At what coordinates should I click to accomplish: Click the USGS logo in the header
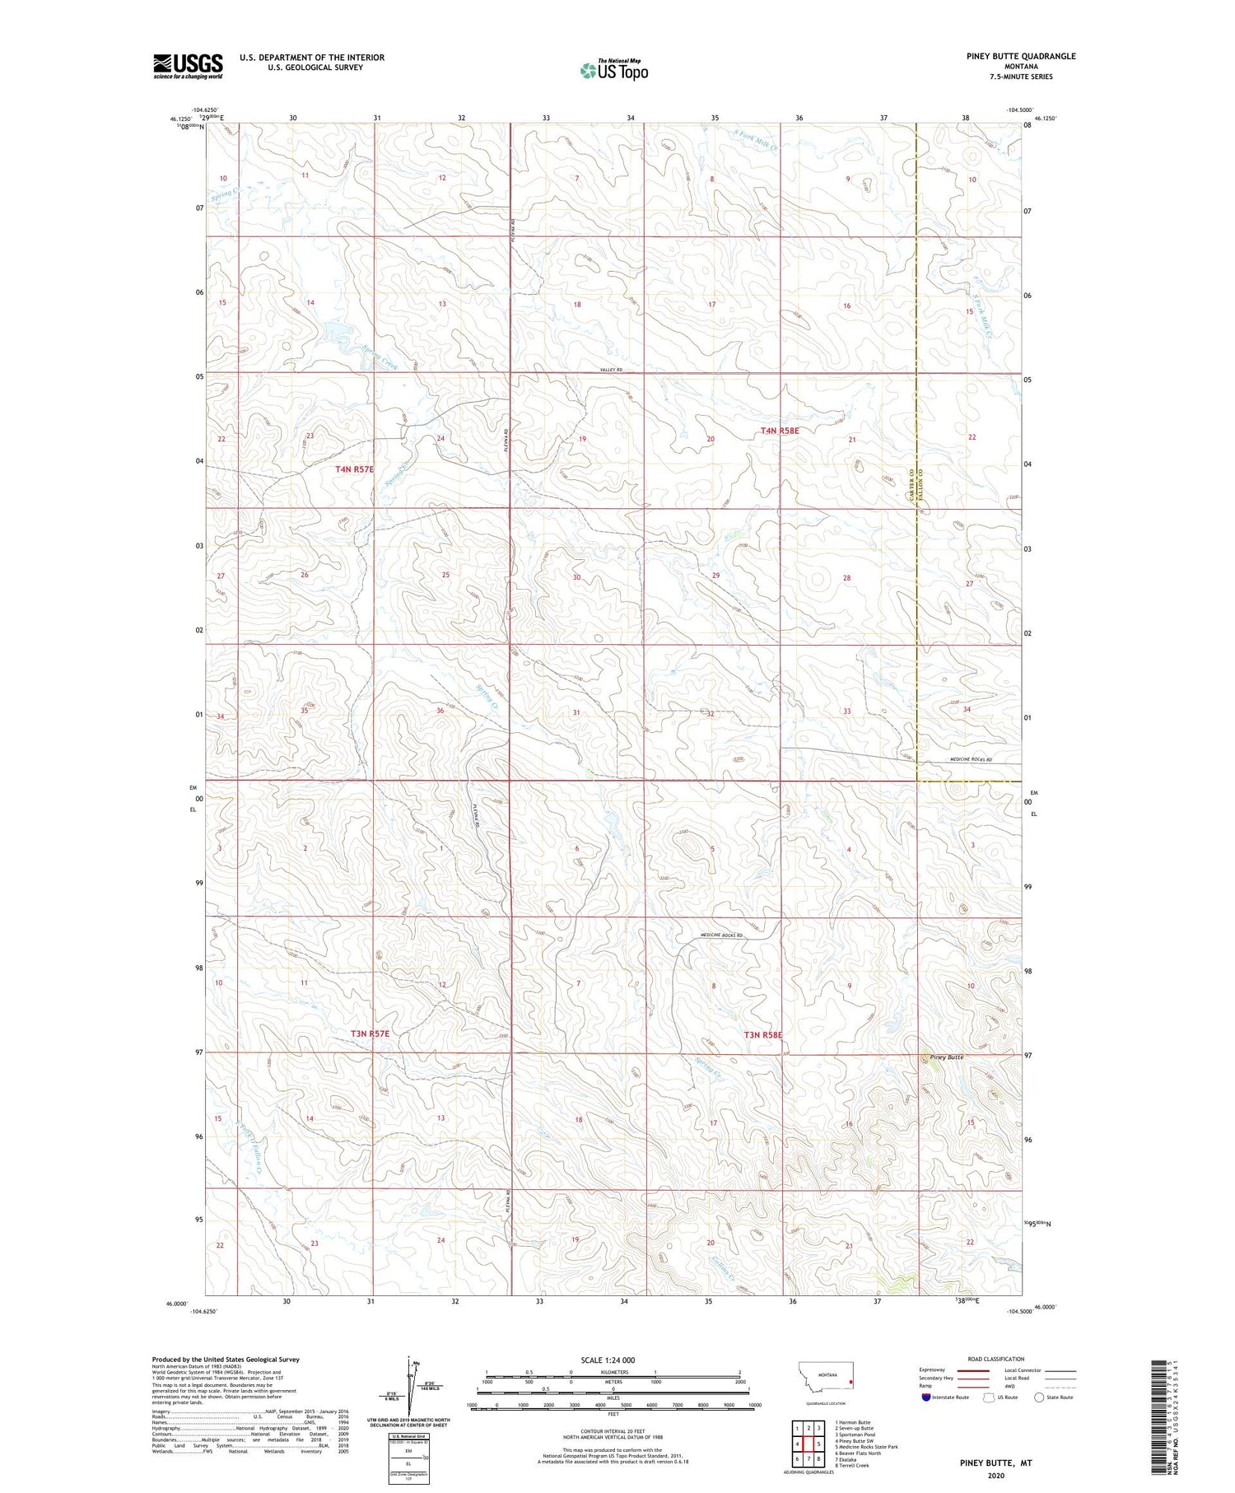[188, 66]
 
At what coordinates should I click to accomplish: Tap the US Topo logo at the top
[613, 70]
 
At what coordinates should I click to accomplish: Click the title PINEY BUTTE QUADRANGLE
[1009, 56]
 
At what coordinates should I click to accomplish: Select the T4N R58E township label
[779, 430]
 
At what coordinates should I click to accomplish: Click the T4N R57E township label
[355, 469]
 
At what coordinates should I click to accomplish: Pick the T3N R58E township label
[762, 1034]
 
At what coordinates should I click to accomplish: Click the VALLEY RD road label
[610, 371]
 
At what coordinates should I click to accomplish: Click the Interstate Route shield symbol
[926, 1397]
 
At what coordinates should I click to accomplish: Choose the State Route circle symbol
[1039, 1397]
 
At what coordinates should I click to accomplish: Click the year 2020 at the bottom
[995, 1476]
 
